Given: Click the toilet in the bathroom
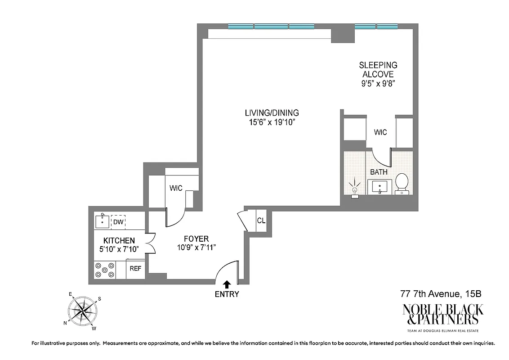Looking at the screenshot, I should [x=402, y=184].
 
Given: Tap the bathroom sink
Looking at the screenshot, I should [x=380, y=187].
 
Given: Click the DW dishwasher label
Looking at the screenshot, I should [x=118, y=222].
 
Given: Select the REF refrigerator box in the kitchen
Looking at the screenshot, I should [x=135, y=269].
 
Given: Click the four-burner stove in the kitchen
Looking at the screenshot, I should [x=105, y=270].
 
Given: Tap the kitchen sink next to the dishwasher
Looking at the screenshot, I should [x=103, y=222].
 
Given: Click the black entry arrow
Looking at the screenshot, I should [x=227, y=283].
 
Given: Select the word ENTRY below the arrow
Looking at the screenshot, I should [x=227, y=295].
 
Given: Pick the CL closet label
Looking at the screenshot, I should [x=261, y=221].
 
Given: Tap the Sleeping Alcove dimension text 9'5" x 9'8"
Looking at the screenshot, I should [x=378, y=83].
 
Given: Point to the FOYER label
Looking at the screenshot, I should [x=196, y=239].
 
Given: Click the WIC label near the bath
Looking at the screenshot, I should [x=380, y=132].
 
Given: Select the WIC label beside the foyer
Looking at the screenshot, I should [x=176, y=188].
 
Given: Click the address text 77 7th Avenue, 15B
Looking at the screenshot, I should [x=441, y=294].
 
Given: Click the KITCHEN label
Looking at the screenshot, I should [x=119, y=241].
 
